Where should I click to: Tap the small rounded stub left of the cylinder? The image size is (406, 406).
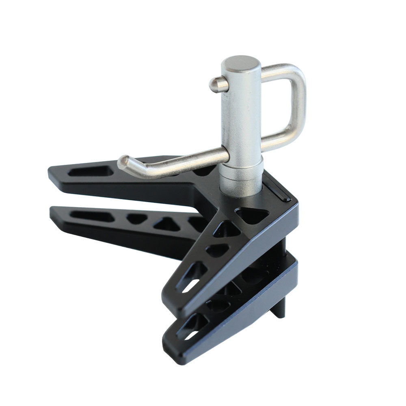[214, 84]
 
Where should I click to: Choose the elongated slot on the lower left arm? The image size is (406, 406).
[91, 215]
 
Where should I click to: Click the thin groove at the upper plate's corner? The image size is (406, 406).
[281, 191]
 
